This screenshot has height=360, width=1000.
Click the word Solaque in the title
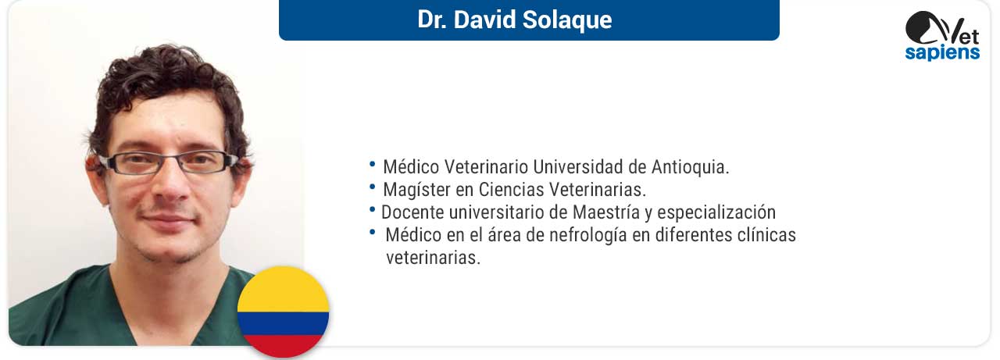[567, 20]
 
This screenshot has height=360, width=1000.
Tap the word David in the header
[485, 20]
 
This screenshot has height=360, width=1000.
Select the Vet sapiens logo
[942, 36]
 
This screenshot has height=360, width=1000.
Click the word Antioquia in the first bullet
[690, 167]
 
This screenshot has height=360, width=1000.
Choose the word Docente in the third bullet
[413, 212]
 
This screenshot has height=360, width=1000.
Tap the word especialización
[716, 212]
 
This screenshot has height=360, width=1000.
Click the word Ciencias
[511, 190]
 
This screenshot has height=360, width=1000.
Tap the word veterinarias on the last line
[433, 258]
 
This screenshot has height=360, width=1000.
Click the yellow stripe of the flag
[283, 290]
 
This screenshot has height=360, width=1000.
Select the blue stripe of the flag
[283, 324]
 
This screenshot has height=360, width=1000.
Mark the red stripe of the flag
[283, 346]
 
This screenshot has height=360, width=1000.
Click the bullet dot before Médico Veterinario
[373, 164]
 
